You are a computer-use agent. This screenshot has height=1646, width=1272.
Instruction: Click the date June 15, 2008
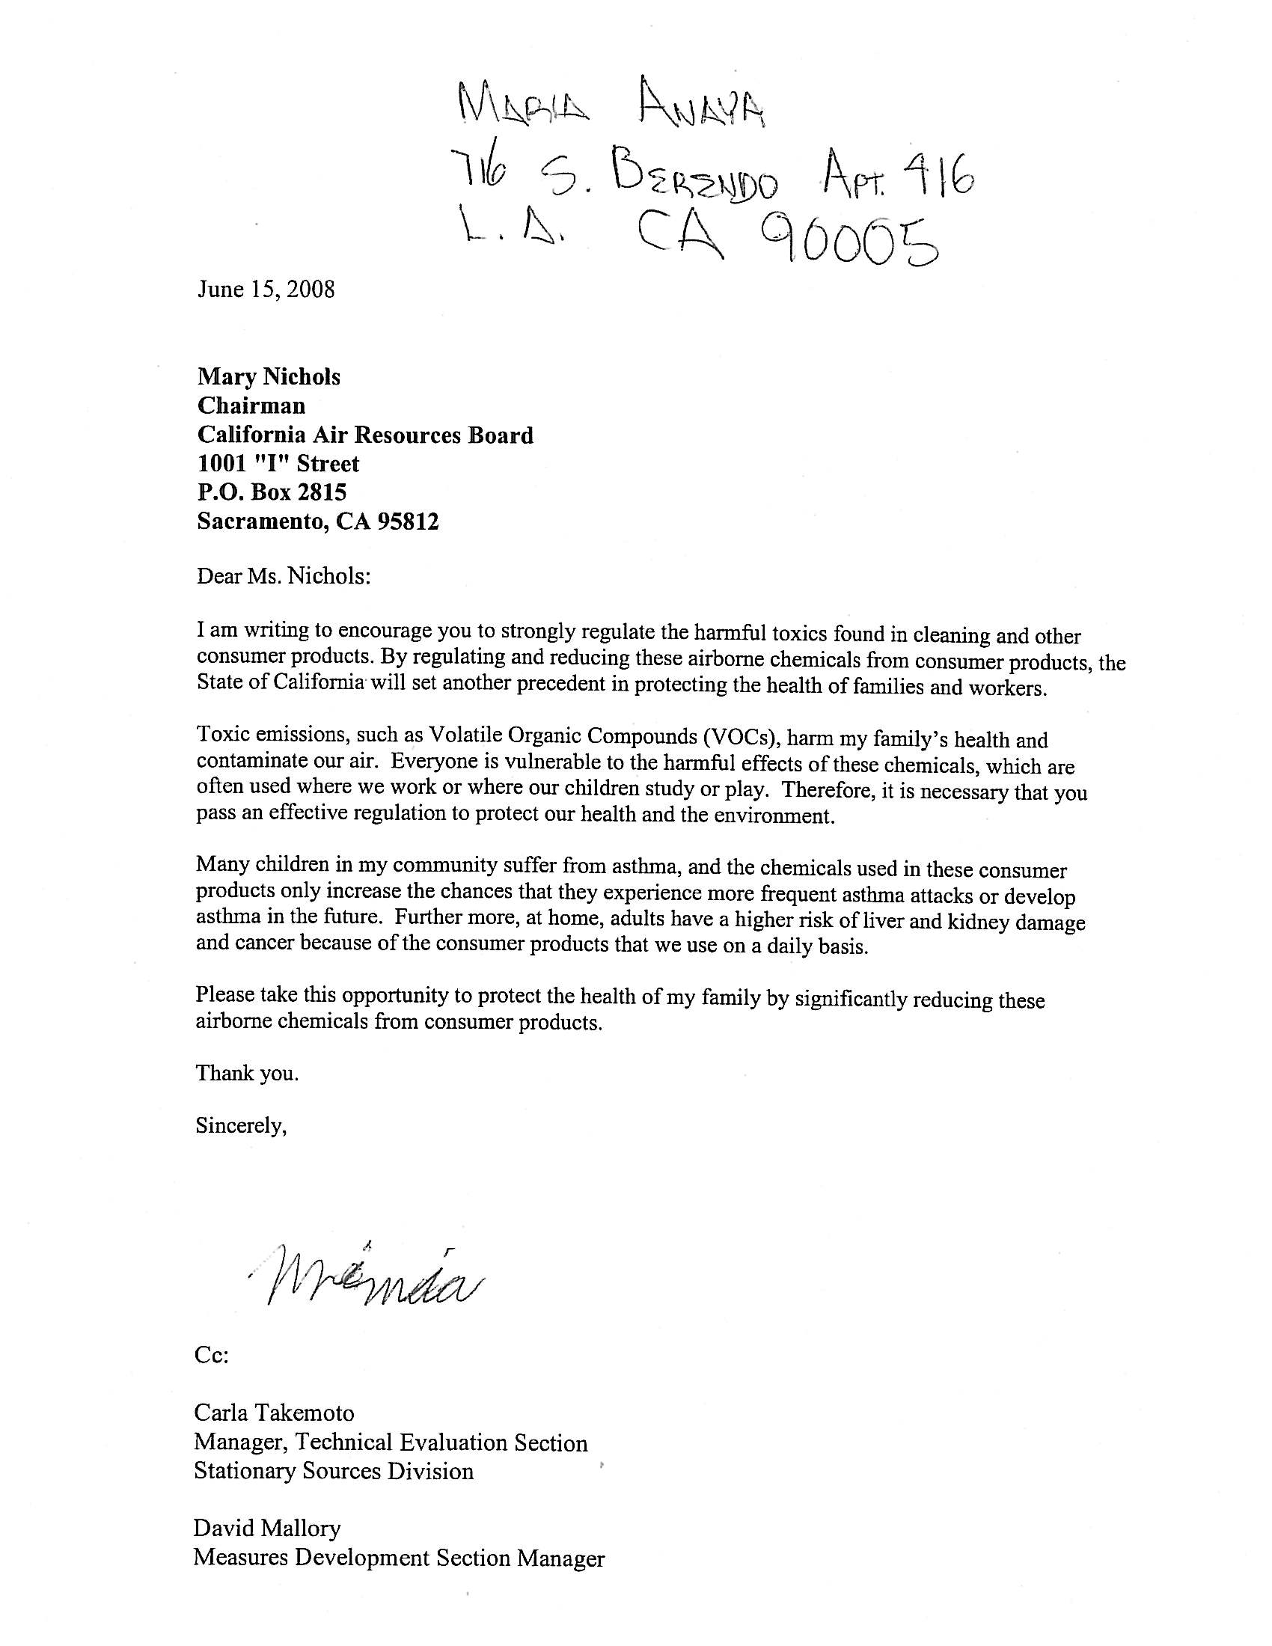pyautogui.click(x=266, y=290)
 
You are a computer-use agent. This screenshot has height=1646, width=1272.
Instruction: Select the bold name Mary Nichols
pyautogui.click(x=269, y=377)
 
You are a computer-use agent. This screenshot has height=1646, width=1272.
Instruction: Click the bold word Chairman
pyautogui.click(x=251, y=406)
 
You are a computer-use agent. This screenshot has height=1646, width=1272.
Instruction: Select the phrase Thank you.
pyautogui.click(x=247, y=1072)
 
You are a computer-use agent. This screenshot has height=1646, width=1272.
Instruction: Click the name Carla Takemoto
pyautogui.click(x=275, y=1412)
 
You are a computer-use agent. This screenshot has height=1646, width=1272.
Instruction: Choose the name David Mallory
pyautogui.click(x=268, y=1528)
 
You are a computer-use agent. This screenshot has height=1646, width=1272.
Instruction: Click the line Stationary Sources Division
pyautogui.click(x=334, y=1470)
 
